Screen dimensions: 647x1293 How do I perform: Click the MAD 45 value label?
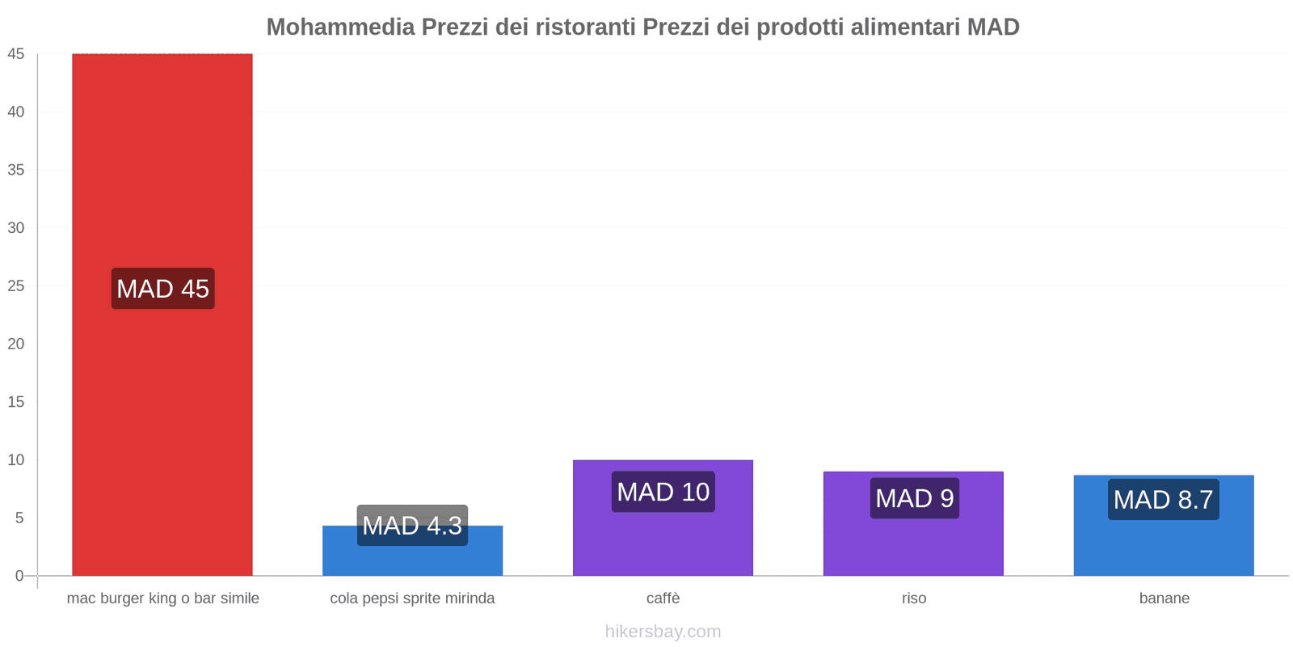tap(162, 289)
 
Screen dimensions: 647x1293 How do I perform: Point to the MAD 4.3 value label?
tap(412, 525)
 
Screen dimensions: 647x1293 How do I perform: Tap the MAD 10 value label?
tap(663, 492)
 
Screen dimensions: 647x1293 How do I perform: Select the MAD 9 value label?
tap(914, 498)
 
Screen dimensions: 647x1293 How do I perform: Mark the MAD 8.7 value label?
tap(1163, 500)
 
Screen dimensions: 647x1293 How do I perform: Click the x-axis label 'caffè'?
tap(663, 598)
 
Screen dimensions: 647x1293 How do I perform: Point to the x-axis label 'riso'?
tap(914, 598)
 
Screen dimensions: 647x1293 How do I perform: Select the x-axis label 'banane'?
tap(1164, 598)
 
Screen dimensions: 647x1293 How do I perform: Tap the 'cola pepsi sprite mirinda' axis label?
tap(412, 598)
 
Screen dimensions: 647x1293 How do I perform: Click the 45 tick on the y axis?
tap(16, 54)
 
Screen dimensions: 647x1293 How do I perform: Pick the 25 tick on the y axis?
tap(16, 286)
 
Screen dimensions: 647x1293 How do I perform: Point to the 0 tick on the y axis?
tap(19, 576)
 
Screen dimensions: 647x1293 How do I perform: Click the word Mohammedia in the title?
tap(340, 27)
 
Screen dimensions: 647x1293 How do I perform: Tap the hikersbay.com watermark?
tap(663, 632)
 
